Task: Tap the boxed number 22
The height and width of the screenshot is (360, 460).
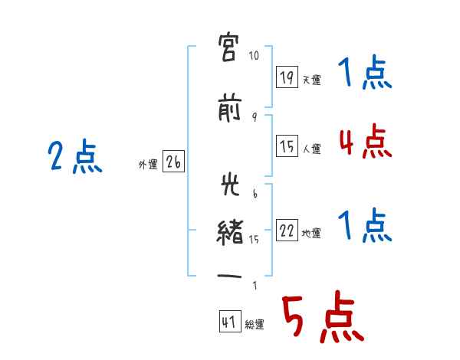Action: pyautogui.click(x=287, y=231)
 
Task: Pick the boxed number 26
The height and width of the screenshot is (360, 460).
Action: pyautogui.click(x=173, y=162)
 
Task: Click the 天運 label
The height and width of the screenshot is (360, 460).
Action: pyautogui.click(x=311, y=80)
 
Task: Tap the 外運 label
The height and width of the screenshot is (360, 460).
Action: pyautogui.click(x=148, y=165)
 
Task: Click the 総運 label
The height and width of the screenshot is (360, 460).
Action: pyautogui.click(x=254, y=325)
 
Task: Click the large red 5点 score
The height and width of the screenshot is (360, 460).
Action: pyautogui.click(x=321, y=318)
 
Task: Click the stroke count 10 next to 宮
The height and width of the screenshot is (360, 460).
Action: pyautogui.click(x=255, y=55)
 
